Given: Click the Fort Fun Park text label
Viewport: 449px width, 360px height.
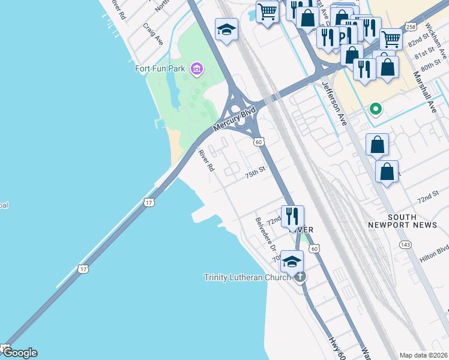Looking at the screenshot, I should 160,68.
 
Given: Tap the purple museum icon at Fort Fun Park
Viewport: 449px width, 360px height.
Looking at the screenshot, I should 196,69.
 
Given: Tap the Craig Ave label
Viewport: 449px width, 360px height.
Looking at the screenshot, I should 154,34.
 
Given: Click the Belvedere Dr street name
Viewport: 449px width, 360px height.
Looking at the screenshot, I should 265,234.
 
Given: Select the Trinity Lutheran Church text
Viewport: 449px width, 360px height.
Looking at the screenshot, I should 248,277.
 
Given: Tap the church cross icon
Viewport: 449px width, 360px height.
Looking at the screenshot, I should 300,277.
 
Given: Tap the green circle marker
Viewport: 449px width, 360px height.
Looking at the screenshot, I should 376,109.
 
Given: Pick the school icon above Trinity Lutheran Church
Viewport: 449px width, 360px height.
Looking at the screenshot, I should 292,261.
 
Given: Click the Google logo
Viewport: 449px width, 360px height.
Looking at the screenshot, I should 19,353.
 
